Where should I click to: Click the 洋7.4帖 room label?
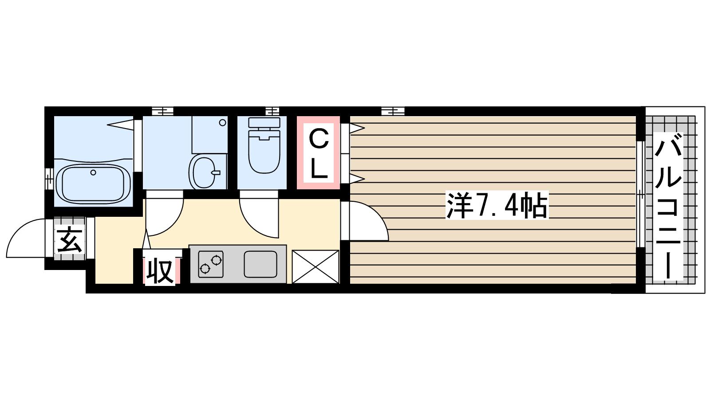(497, 205)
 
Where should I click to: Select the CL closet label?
(318, 153)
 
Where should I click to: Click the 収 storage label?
(161, 271)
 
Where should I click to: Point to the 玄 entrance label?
(70, 239)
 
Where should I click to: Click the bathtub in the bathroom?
(93, 183)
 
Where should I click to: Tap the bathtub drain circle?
(93, 172)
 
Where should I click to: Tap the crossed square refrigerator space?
(316, 266)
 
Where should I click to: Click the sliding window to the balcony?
(640, 194)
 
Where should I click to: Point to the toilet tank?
(264, 122)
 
